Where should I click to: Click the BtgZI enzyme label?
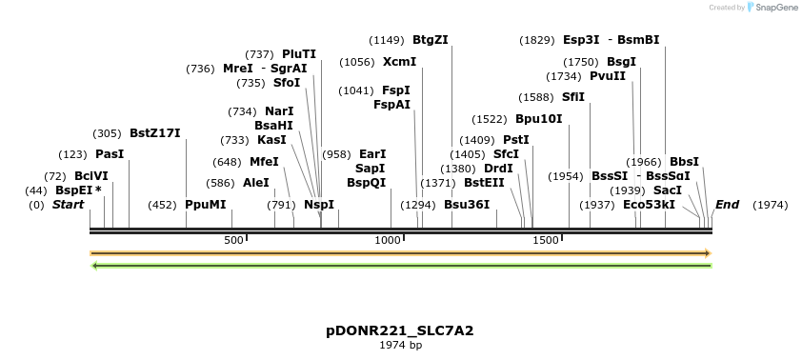point(430,40)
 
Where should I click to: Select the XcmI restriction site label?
point(399,62)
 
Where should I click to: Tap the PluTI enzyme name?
point(298,54)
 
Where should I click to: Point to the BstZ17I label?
point(154,133)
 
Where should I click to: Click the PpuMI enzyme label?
point(206,205)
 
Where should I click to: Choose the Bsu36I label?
point(467,205)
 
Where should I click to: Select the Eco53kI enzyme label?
point(649,205)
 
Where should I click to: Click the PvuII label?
point(608,76)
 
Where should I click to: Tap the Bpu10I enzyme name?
point(538,119)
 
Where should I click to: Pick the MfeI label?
point(264,162)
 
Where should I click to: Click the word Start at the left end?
point(68,205)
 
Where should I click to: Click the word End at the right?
point(727,205)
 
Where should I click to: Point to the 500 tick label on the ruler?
point(233,241)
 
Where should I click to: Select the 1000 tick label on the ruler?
point(388,241)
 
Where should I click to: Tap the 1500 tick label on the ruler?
point(545,241)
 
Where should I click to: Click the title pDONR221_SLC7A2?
point(400,330)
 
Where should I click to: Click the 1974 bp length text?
point(400,345)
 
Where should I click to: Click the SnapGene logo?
point(772,8)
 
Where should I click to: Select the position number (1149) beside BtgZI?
point(387,40)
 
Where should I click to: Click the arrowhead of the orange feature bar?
point(708,253)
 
